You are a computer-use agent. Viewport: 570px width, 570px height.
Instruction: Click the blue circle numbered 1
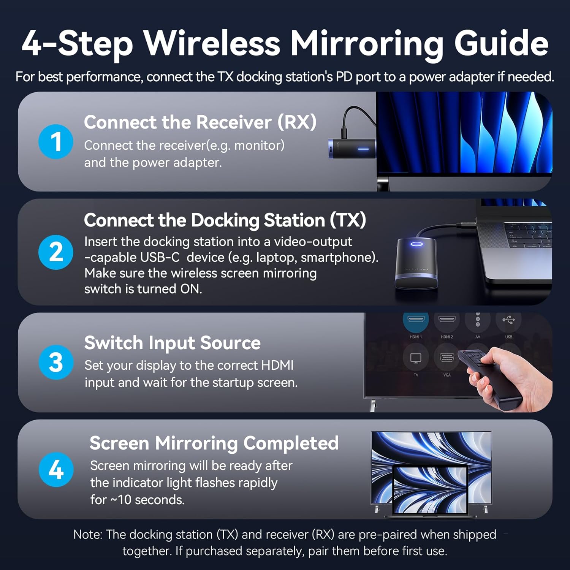click(x=56, y=141)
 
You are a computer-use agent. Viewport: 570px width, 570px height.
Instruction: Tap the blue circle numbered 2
click(x=56, y=252)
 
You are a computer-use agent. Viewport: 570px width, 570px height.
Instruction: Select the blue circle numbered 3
click(x=56, y=362)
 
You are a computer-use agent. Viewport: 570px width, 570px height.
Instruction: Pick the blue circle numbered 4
click(x=56, y=470)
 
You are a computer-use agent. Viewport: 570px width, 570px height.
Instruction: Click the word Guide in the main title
click(x=501, y=43)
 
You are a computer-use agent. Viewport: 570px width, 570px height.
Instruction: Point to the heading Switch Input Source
click(x=172, y=343)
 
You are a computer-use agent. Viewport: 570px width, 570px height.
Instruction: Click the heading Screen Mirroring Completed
click(x=214, y=443)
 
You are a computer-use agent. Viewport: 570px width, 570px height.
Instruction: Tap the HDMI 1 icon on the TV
click(x=416, y=320)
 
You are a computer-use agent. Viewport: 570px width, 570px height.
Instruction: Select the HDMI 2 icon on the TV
click(x=446, y=320)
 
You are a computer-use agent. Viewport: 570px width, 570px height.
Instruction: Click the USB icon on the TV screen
click(x=508, y=320)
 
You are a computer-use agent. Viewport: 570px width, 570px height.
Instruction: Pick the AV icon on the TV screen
click(x=478, y=320)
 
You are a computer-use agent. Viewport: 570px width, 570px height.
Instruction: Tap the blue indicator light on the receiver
click(x=363, y=149)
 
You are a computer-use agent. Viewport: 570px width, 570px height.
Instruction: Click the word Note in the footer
click(x=87, y=535)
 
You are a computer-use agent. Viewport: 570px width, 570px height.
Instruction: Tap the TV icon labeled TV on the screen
click(x=416, y=358)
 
